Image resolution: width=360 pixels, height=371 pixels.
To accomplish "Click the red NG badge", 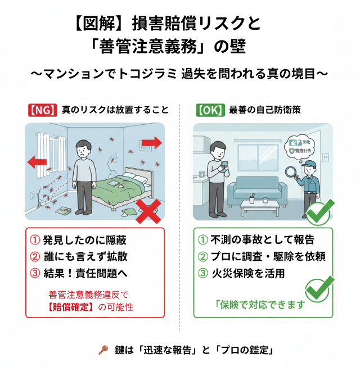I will (x=43, y=110).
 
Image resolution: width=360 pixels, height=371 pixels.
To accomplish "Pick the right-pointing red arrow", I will (x=151, y=143).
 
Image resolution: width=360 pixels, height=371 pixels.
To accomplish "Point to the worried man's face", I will (x=83, y=149).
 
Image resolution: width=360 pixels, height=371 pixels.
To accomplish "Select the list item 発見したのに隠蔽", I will (x=79, y=240).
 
